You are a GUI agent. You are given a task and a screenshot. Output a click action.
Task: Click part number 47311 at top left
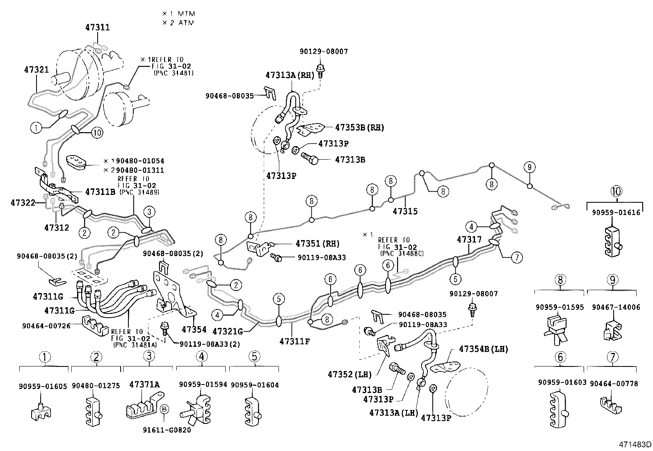point(98,27)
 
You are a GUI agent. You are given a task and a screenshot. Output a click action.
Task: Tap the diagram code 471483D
point(635,444)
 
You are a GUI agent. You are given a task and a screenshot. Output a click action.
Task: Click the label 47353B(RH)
point(359,127)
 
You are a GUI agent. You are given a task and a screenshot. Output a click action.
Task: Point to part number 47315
point(405,211)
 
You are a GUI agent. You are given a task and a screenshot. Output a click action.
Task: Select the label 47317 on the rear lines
point(470,239)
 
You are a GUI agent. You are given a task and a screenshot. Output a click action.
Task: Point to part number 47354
point(194,329)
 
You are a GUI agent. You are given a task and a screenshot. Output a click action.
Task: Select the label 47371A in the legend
point(144,385)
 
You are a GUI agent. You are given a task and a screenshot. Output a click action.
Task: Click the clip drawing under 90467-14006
point(613,330)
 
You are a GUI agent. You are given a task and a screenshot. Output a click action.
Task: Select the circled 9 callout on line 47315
point(530,167)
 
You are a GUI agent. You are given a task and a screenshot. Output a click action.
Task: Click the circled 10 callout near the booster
point(97,133)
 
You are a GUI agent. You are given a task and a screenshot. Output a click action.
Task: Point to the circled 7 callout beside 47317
point(516,257)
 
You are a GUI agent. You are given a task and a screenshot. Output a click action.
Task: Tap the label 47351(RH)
point(317,243)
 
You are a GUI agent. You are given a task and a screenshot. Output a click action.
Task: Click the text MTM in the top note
point(186,14)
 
